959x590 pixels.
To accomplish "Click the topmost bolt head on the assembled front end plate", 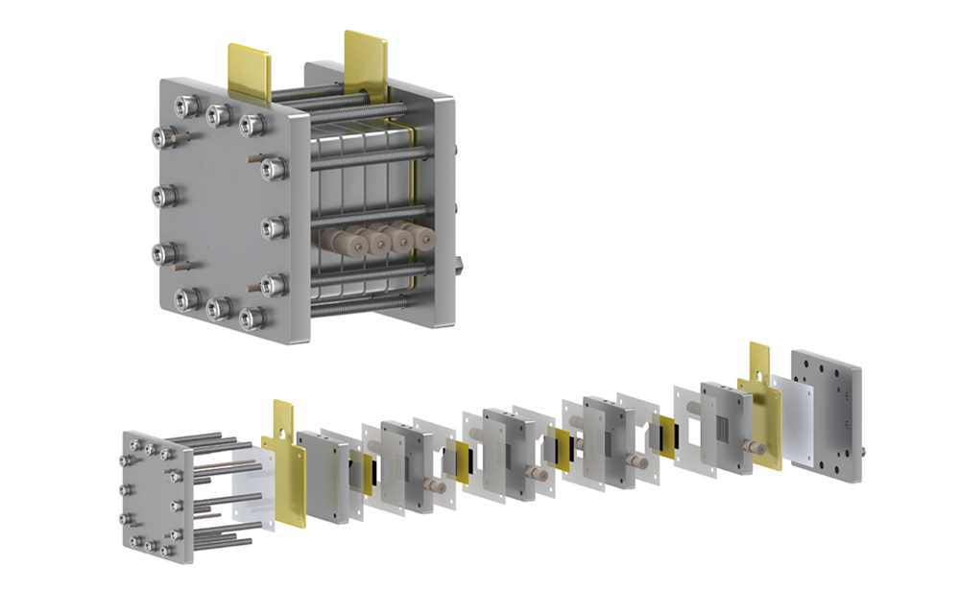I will coord(216,114).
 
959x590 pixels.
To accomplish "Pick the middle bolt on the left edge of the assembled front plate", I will coord(162,196).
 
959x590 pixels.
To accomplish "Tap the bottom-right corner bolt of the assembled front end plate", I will coord(252,318).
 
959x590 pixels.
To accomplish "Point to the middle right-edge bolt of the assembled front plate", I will coord(273,227).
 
